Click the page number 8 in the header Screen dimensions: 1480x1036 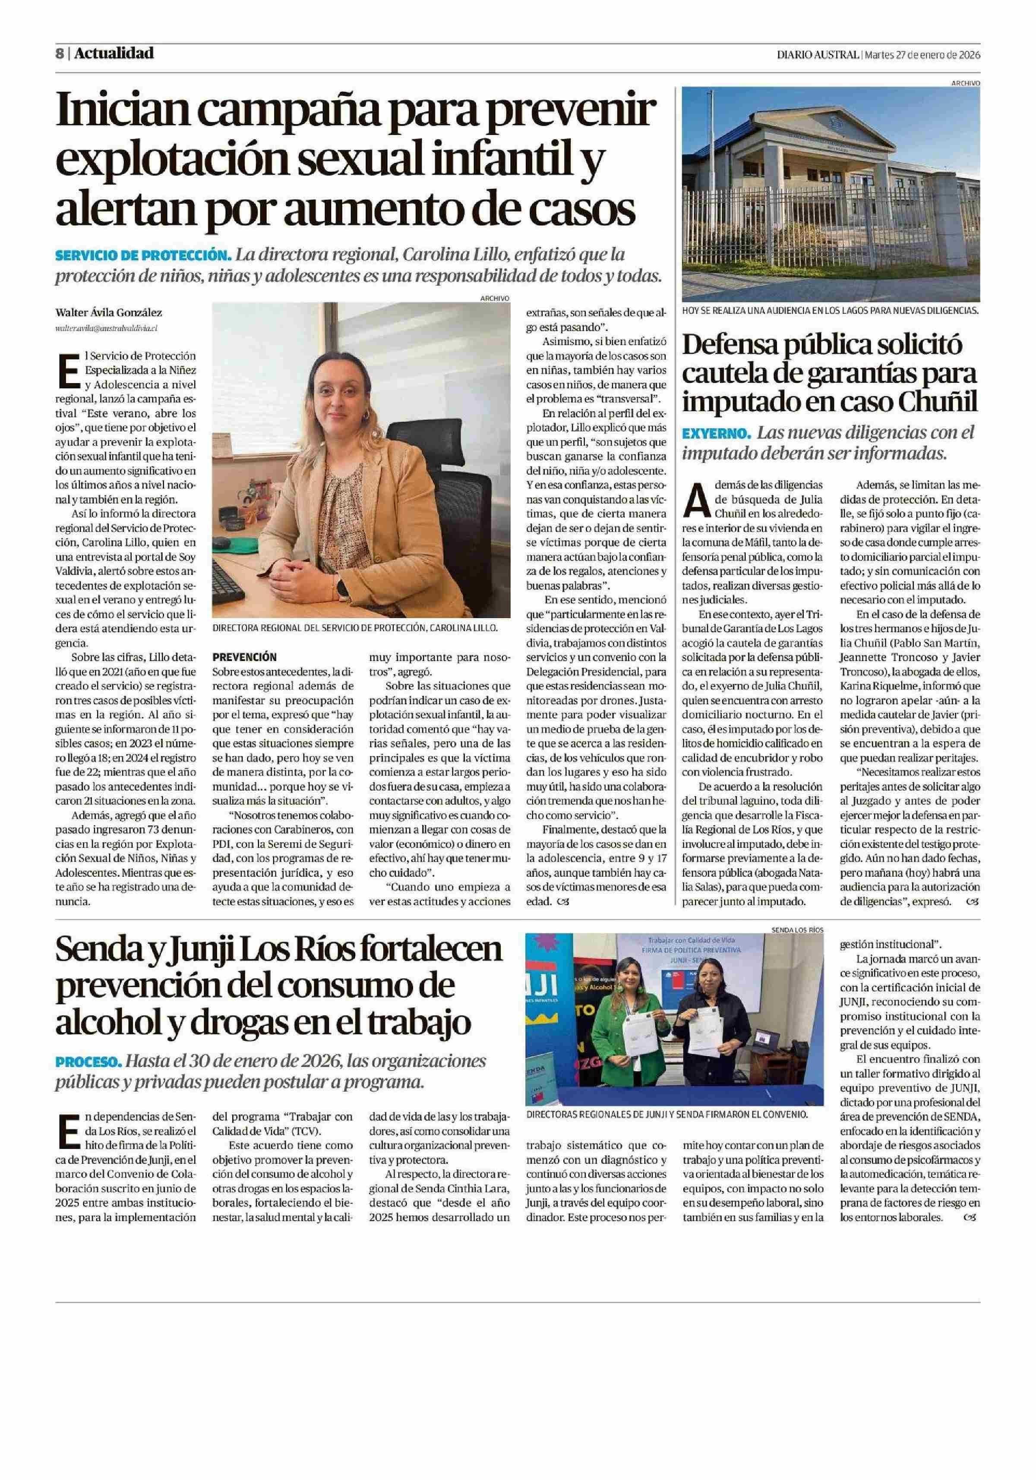(59, 54)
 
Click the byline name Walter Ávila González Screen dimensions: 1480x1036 (108, 313)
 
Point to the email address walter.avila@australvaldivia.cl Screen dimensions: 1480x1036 (107, 328)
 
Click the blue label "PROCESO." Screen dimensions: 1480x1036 (88, 1061)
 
